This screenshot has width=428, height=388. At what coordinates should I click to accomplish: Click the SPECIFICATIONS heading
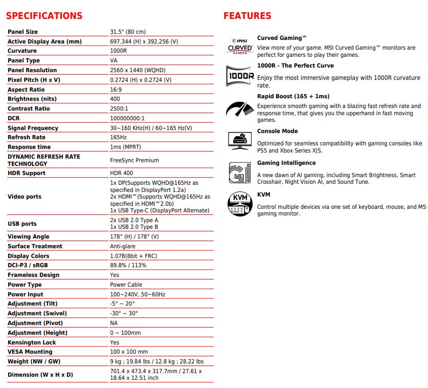(x=44, y=16)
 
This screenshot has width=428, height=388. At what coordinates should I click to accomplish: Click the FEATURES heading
(x=247, y=16)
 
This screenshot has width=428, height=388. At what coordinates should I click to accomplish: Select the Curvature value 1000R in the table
(x=119, y=51)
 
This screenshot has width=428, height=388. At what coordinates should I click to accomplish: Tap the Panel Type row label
(x=24, y=60)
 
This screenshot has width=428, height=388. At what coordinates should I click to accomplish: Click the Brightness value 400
(x=115, y=99)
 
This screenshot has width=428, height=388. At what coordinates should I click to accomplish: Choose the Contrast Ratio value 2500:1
(x=119, y=109)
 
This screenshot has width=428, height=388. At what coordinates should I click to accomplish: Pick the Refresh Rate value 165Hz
(x=119, y=137)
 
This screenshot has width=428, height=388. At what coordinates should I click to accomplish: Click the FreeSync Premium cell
(x=134, y=160)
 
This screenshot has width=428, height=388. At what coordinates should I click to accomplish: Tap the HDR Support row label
(x=27, y=173)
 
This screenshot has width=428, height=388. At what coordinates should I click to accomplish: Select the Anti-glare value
(x=122, y=246)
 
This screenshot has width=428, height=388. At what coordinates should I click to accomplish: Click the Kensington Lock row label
(x=32, y=342)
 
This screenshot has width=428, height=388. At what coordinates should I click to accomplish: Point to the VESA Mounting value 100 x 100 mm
(x=129, y=352)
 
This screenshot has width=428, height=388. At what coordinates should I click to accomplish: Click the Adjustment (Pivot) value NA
(x=114, y=323)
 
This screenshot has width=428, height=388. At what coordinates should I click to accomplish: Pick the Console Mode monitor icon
(x=240, y=139)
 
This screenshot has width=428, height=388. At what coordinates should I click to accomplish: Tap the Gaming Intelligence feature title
(x=286, y=163)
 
